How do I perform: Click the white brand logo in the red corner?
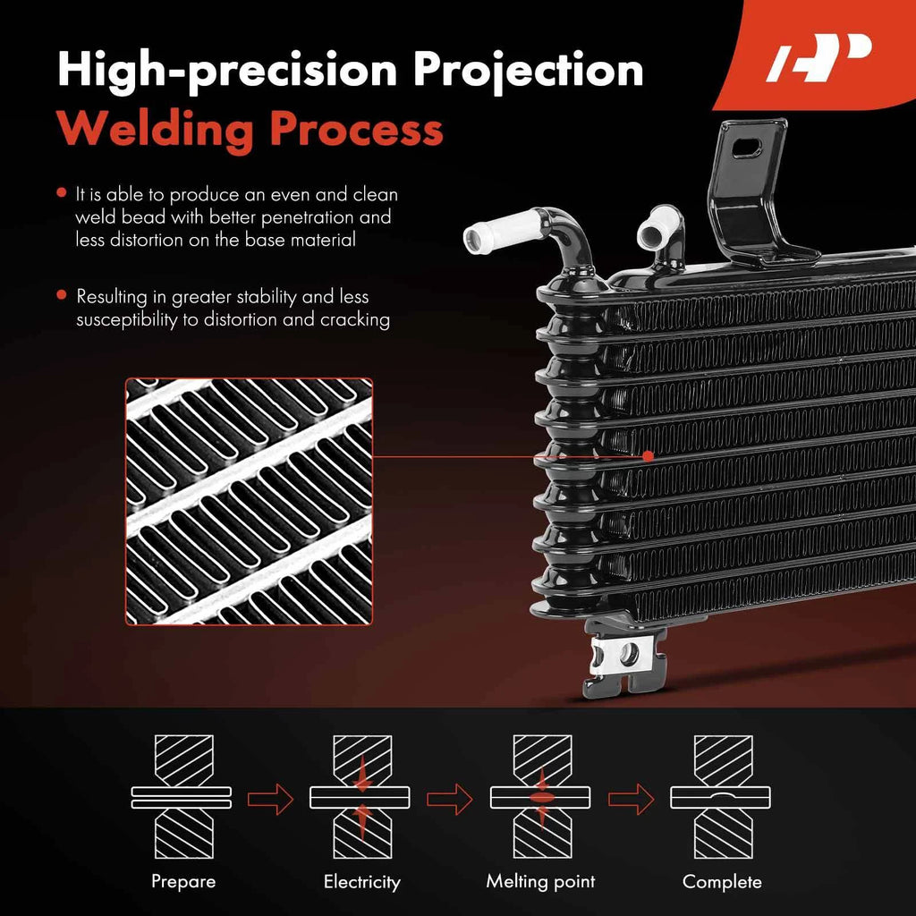click(818, 57)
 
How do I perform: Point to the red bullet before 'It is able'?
click(62, 193)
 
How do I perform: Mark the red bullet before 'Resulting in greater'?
click(62, 295)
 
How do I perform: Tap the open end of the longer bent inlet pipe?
click(478, 236)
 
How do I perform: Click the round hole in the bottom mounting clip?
click(629, 654)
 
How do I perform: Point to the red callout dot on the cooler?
click(648, 455)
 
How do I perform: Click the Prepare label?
click(183, 881)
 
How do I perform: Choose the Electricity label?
click(362, 881)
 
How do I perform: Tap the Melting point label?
click(540, 881)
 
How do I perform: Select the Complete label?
click(722, 881)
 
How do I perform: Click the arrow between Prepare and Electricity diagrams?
click(270, 799)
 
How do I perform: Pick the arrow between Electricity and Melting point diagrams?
click(450, 799)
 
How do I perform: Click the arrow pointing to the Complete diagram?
click(632, 799)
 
